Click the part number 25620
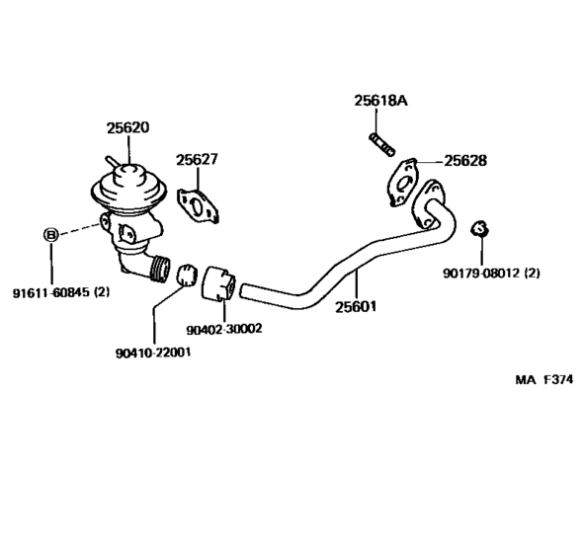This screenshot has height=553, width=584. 127,127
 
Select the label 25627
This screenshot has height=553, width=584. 198,159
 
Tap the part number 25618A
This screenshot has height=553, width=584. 378,100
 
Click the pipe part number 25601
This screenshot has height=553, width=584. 355,307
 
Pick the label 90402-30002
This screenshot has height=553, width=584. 223,329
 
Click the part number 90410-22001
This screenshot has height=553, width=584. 152,352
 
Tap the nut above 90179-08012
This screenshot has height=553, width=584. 479,229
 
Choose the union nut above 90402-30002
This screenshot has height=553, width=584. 218,282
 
